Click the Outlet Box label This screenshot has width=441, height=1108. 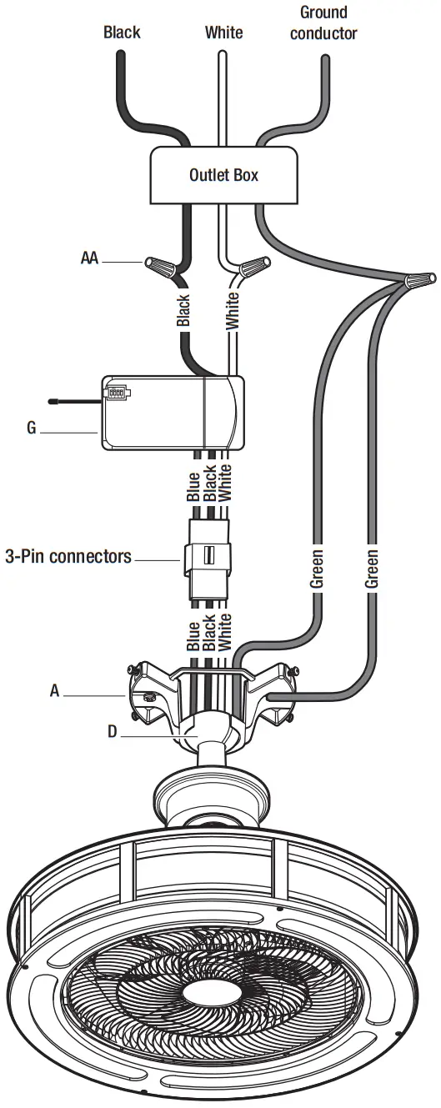click(223, 175)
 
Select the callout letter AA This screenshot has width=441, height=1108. click(89, 258)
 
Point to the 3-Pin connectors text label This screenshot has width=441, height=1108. click(68, 555)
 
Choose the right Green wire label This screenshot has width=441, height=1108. click(372, 569)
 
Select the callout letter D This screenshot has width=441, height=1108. click(112, 731)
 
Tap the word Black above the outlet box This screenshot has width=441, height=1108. click(122, 33)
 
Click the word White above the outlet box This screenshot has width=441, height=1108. click(224, 33)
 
